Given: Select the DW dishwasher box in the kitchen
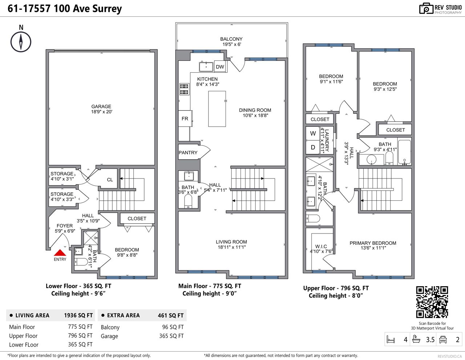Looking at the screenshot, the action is (220, 67).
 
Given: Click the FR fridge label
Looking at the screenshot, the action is (185, 119).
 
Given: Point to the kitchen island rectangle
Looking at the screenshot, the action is (217, 109).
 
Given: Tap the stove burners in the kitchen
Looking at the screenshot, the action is (184, 89).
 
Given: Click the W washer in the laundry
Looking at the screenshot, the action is (313, 133).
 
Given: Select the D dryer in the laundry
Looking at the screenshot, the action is (313, 147).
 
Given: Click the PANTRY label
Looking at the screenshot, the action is (188, 153).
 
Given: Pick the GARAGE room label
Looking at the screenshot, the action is (101, 107).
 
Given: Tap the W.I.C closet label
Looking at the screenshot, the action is (321, 247).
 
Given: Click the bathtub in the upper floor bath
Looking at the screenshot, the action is (404, 152).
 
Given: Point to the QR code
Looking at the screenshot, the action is (432, 302).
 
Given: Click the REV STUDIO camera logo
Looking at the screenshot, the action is (426, 8).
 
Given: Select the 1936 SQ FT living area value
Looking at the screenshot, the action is (78, 316).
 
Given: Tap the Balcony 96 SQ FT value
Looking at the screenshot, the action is (173, 327).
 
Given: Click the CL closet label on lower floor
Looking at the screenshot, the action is (110, 180).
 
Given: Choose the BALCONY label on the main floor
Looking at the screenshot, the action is (231, 39).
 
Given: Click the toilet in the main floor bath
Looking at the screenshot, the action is (188, 201).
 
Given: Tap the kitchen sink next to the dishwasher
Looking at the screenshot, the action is (206, 67).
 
